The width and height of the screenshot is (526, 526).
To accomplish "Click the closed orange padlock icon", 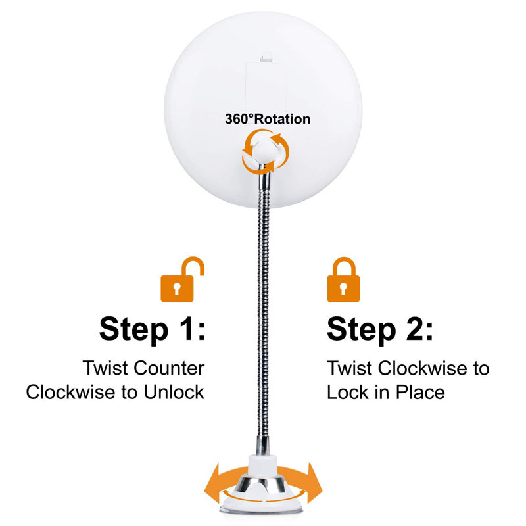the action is [x=343, y=280].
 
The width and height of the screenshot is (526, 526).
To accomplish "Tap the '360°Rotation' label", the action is [x=268, y=119].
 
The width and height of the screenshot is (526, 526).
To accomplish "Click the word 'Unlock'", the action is [x=174, y=392].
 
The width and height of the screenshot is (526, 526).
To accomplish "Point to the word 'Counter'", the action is [x=169, y=368].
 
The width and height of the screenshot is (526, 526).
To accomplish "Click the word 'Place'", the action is [x=420, y=392].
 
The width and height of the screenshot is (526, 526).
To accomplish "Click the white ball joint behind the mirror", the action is [x=266, y=150].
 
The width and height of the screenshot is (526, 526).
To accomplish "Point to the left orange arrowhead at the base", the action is [x=213, y=483].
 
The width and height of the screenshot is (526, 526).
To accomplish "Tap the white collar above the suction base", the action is [x=262, y=464].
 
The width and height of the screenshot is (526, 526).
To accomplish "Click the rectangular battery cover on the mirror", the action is [x=266, y=88].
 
